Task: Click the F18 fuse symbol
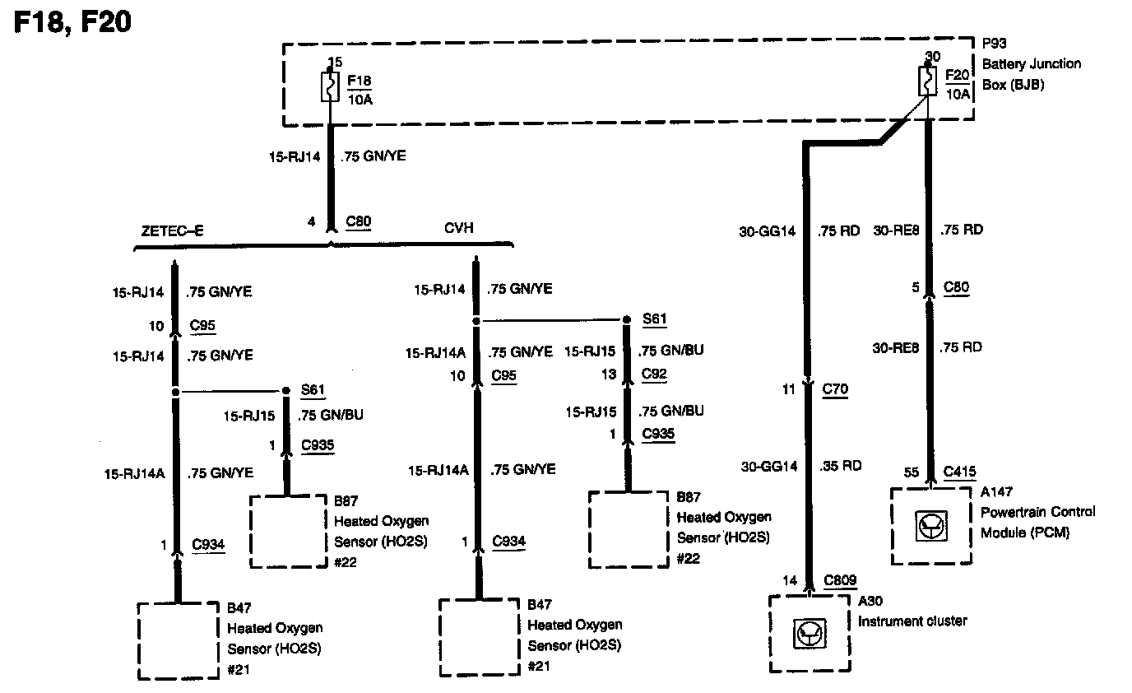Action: [x=329, y=87]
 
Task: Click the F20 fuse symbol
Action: [x=928, y=81]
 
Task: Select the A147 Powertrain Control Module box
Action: [x=931, y=525]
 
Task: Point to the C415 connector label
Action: [x=958, y=472]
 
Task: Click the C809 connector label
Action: [x=840, y=581]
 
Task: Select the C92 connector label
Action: [x=654, y=373]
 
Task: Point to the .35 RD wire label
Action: [x=840, y=466]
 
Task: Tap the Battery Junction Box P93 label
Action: [x=1030, y=63]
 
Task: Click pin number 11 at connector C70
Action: [x=789, y=388]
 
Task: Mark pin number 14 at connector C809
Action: [x=789, y=581]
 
